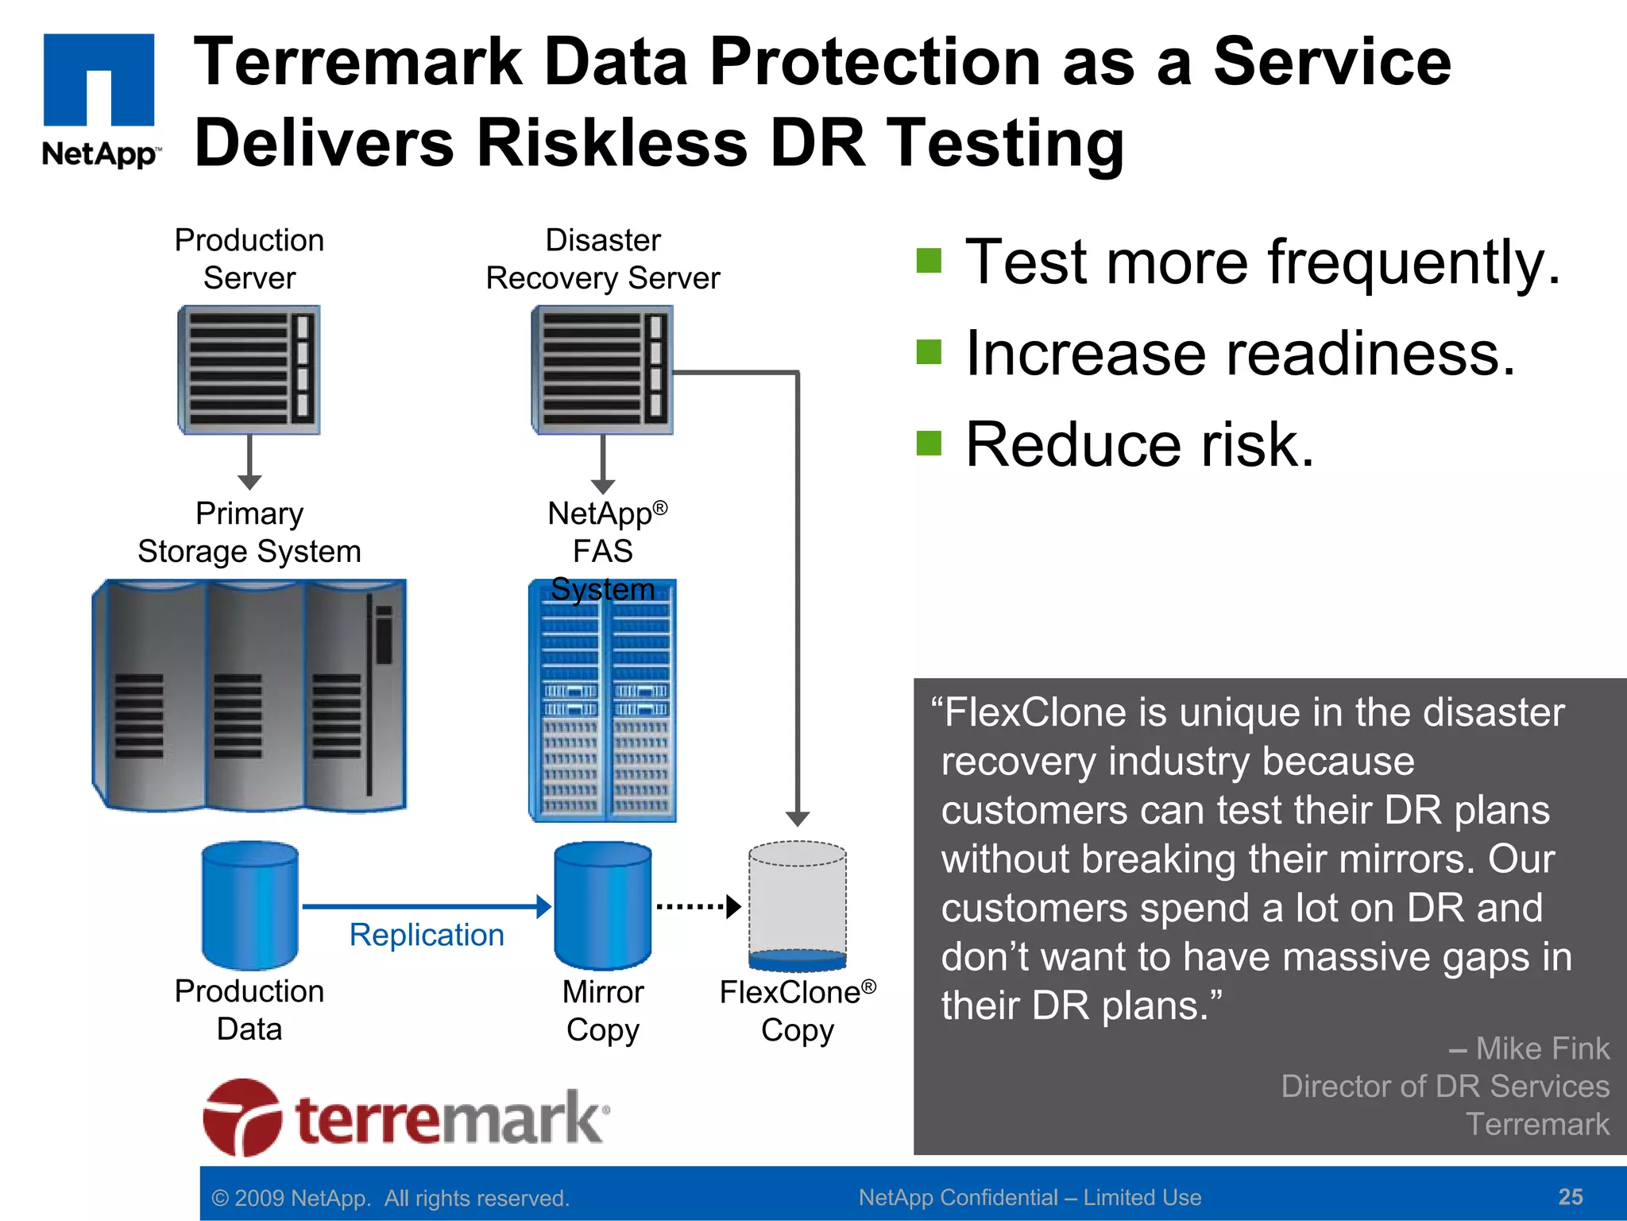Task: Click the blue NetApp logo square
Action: click(99, 79)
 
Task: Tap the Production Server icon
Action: click(249, 370)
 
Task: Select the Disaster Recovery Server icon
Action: click(602, 370)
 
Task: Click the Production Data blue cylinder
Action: click(249, 905)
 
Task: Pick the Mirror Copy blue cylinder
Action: click(602, 905)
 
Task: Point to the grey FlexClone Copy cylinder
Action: click(797, 905)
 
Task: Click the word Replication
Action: click(427, 935)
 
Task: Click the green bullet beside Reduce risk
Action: click(928, 444)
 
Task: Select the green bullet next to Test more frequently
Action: click(928, 261)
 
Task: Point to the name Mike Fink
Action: click(1541, 1049)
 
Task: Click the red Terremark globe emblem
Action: click(242, 1117)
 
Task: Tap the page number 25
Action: click(1570, 1196)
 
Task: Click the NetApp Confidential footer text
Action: click(1030, 1197)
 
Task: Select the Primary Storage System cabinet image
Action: click(249, 696)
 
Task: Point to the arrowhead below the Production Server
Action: click(249, 482)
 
